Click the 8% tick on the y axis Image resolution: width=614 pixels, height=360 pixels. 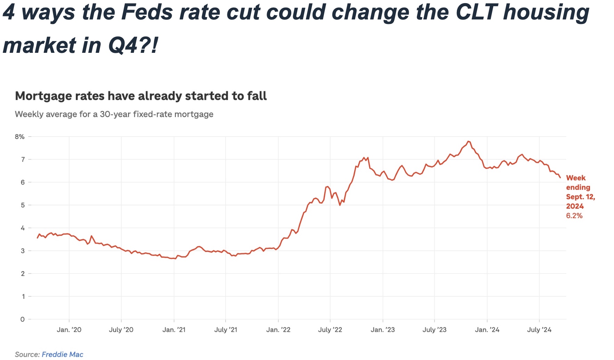click(19, 137)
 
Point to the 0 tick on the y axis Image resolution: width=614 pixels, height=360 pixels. click(22, 319)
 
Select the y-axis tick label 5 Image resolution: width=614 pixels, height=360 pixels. click(23, 205)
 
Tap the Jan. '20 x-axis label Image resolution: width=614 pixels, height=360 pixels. click(69, 330)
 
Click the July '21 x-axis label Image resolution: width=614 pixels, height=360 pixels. click(226, 330)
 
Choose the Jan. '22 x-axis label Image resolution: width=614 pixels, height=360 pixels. click(278, 330)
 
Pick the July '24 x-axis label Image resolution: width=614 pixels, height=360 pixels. click(539, 330)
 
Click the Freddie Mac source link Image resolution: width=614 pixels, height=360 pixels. click(62, 354)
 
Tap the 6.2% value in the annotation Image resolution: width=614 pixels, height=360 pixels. click(574, 216)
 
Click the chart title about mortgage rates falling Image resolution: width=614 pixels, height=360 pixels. click(141, 96)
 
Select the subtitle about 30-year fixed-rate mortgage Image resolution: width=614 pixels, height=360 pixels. click(114, 114)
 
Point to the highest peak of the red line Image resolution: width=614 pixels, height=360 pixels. click(469, 141)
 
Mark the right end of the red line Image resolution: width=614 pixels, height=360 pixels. click(560, 178)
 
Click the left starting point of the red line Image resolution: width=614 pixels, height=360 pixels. click(37, 238)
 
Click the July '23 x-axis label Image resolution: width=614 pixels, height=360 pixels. click(434, 330)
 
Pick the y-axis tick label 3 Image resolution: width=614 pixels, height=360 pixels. click(23, 251)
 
